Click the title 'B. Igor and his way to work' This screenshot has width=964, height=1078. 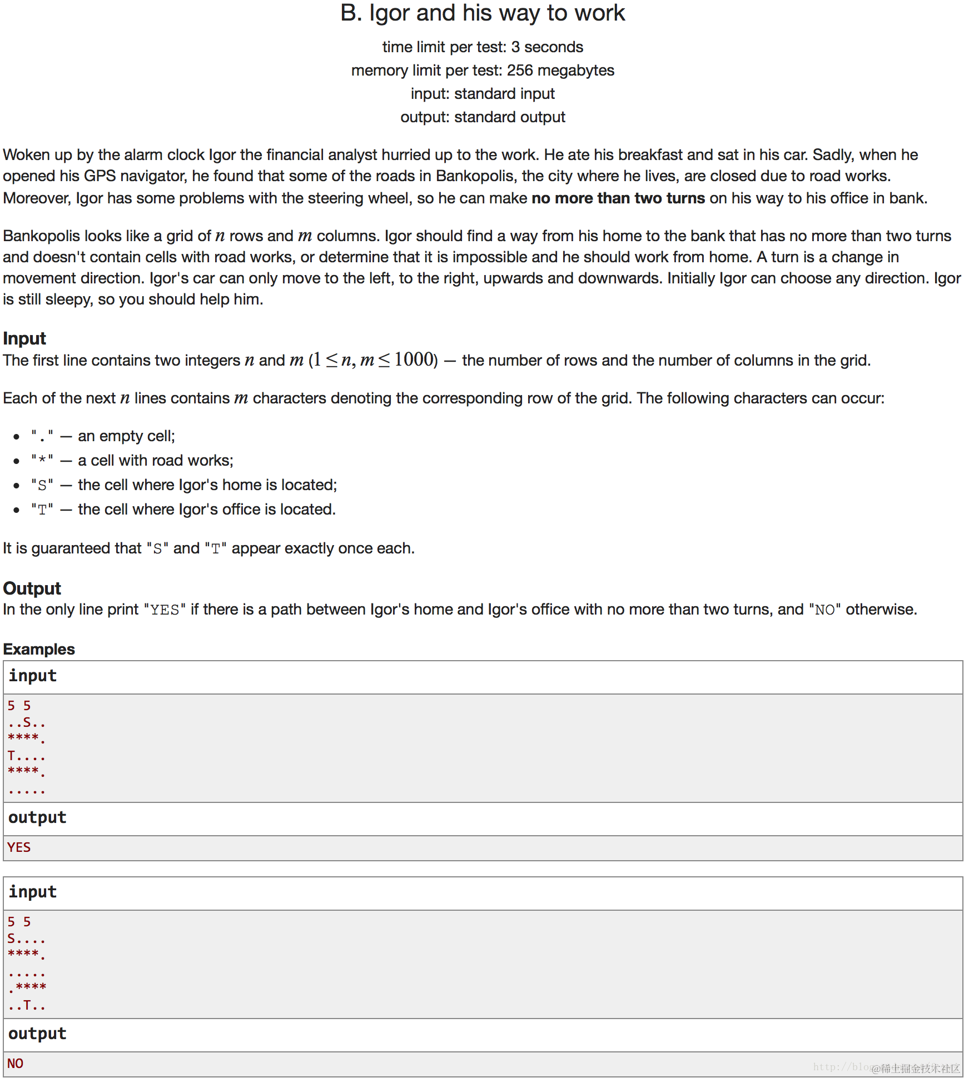pos(482,13)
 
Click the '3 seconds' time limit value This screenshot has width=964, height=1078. pos(547,47)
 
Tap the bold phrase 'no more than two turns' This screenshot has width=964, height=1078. pos(618,198)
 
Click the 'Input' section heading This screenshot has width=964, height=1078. pos(24,338)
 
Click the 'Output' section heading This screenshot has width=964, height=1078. pos(32,588)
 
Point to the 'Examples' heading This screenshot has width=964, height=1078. pos(39,649)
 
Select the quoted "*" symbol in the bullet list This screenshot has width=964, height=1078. pos(42,461)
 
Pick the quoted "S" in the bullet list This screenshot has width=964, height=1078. pos(42,485)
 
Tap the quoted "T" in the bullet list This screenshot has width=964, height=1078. pos(42,510)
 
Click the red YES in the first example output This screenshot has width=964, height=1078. pos(19,847)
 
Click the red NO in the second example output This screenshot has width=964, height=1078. pos(16,1064)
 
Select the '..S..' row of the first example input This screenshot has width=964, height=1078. pos(27,723)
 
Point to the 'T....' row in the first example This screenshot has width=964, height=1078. pos(27,756)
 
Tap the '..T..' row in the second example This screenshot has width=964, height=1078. pos(27,1005)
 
